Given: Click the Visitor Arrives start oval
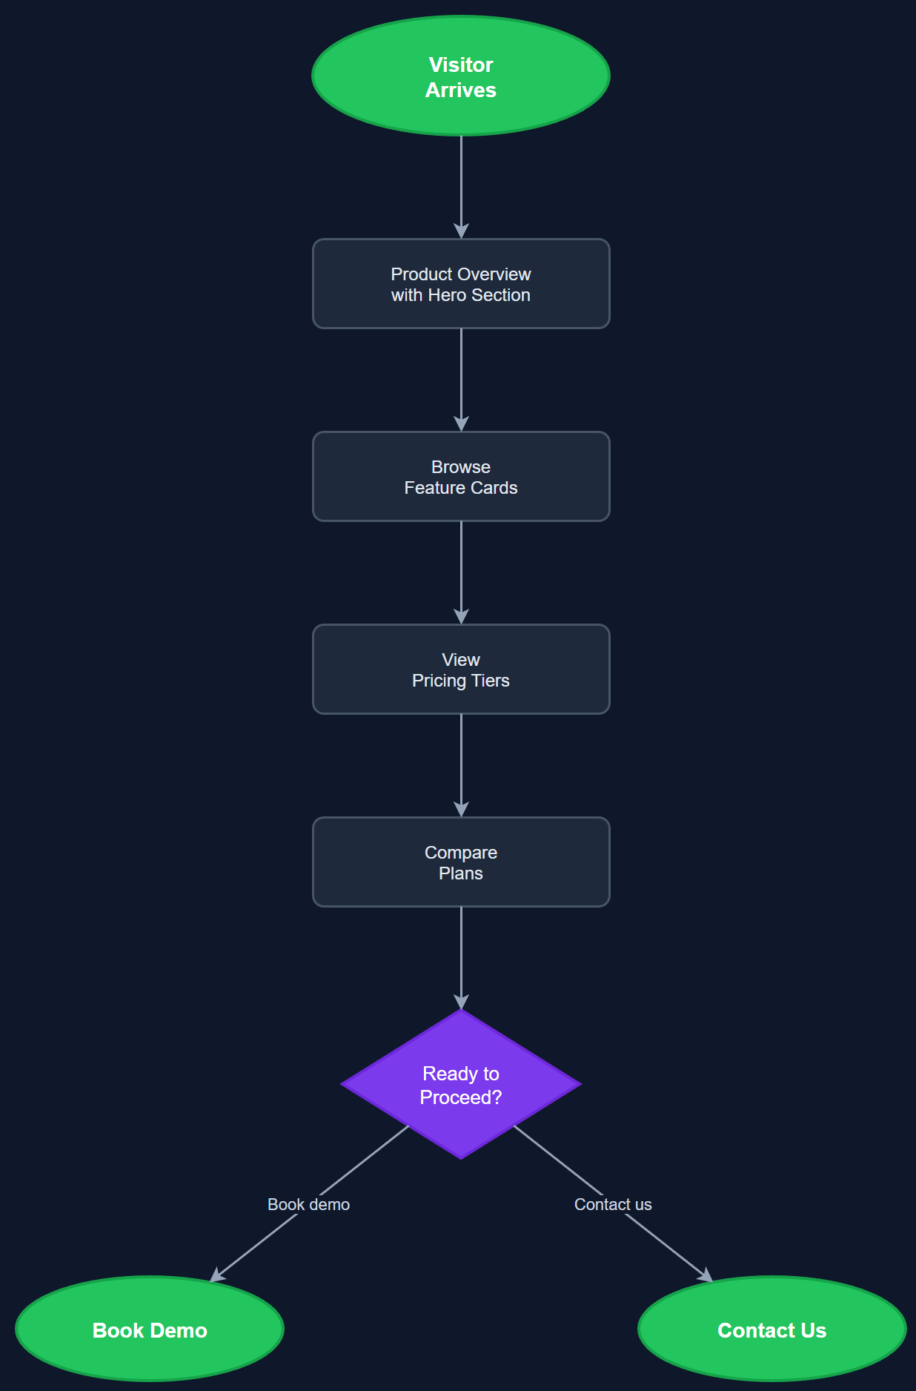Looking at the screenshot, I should [461, 76].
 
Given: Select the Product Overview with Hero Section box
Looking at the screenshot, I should [461, 284].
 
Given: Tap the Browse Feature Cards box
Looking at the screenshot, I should [461, 477].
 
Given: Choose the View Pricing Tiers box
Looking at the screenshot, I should [461, 670].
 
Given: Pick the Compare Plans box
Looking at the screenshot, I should [461, 862].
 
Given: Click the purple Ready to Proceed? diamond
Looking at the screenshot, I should [461, 1084].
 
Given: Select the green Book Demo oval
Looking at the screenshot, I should [150, 1329].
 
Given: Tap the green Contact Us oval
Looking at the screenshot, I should [771, 1329].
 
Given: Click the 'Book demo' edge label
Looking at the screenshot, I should [308, 1205].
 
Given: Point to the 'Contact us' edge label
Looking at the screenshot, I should [613, 1205].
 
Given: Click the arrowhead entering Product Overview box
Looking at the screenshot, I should [461, 231].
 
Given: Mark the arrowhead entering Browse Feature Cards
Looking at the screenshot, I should [461, 423].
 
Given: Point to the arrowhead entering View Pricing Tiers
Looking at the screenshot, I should [461, 616].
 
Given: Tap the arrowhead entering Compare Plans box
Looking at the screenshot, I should [461, 809].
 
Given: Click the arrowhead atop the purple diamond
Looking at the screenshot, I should [461, 1002].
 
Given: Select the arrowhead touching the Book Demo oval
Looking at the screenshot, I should [217, 1275].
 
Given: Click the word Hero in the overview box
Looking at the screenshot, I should [447, 295].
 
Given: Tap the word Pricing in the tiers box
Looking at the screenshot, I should [439, 681].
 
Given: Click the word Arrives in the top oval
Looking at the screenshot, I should [461, 90].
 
